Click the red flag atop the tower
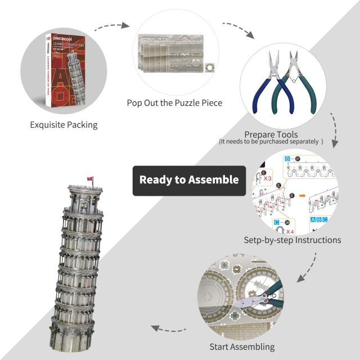(89, 179)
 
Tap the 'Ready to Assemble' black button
(189, 181)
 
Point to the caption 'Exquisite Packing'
(64, 124)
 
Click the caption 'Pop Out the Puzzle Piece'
(174, 103)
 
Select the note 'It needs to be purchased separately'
(271, 142)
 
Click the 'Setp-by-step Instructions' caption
(292, 240)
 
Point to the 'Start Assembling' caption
(242, 346)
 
